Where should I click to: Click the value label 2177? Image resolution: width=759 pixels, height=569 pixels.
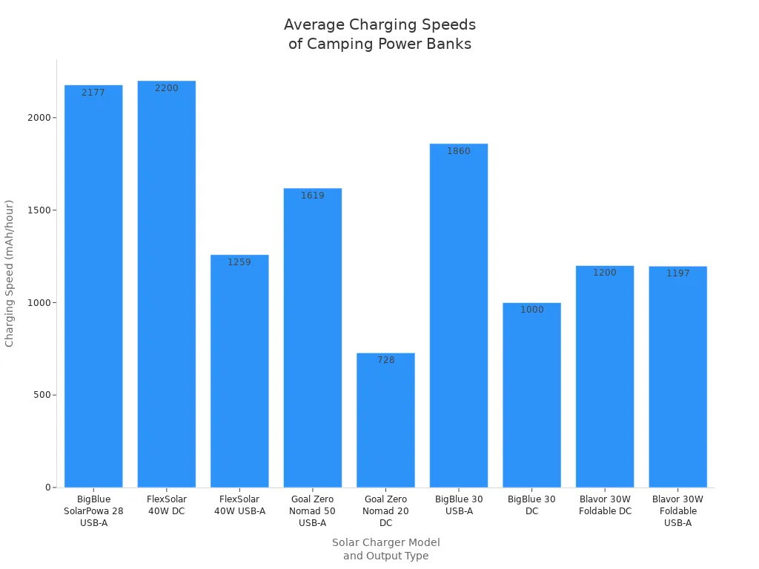[x=93, y=93]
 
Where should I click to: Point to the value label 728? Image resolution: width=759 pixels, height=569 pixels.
[x=385, y=360]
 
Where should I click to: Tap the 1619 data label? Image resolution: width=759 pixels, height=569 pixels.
[x=313, y=196]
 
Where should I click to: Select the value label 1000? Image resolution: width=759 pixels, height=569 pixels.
[x=531, y=310]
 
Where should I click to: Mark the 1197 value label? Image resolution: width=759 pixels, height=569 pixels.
[x=678, y=273]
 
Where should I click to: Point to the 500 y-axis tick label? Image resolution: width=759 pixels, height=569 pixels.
[x=42, y=395]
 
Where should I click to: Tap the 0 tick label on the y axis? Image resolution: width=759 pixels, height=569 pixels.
[x=48, y=488]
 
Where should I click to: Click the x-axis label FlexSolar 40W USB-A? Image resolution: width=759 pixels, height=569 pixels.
[x=239, y=505]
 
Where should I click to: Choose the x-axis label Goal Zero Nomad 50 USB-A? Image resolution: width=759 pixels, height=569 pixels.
[x=313, y=511]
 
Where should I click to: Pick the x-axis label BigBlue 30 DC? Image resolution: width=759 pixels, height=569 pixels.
[x=531, y=505]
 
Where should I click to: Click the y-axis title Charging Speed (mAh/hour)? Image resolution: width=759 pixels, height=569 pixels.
[x=10, y=273]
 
